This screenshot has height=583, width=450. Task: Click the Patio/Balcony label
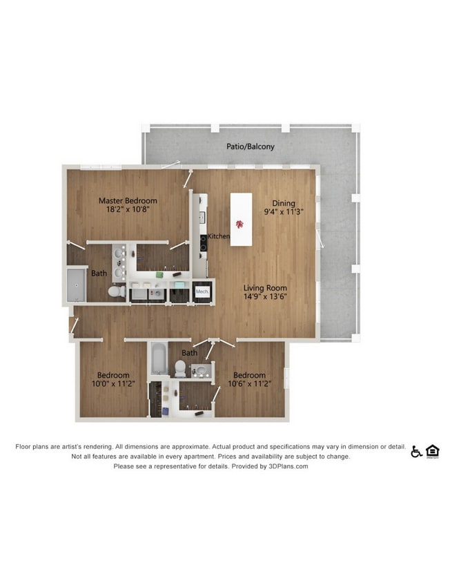pyautogui.click(x=251, y=146)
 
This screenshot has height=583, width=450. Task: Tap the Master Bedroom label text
pyautogui.click(x=128, y=201)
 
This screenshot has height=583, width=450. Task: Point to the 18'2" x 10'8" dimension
pyautogui.click(x=128, y=209)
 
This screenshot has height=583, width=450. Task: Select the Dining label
pyautogui.click(x=284, y=203)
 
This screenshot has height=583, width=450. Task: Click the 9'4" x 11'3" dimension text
pyautogui.click(x=284, y=212)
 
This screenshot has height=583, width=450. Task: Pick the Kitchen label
pyautogui.click(x=219, y=236)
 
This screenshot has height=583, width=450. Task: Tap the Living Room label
pyautogui.click(x=265, y=288)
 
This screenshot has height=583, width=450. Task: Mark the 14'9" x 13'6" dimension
pyautogui.click(x=265, y=296)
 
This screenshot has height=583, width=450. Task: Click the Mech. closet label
pyautogui.click(x=202, y=292)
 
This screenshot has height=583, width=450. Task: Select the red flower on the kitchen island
pyautogui.click(x=239, y=224)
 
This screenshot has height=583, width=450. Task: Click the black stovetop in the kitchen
pyautogui.click(x=204, y=243)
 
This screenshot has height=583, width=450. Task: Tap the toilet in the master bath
pyautogui.click(x=117, y=291)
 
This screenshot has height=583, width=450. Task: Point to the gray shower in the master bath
pyautogui.click(x=76, y=285)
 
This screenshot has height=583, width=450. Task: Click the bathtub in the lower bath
pyautogui.click(x=160, y=359)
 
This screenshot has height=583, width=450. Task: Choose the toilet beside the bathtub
pyautogui.click(x=180, y=368)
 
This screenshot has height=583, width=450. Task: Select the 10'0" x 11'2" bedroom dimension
pyautogui.click(x=113, y=383)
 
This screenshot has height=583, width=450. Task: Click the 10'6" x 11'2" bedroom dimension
pyautogui.click(x=249, y=383)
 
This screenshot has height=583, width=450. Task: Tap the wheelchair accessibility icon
pyautogui.click(x=416, y=451)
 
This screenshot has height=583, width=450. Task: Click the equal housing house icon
pyautogui.click(x=433, y=451)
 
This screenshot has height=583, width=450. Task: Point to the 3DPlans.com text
pyautogui.click(x=288, y=466)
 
